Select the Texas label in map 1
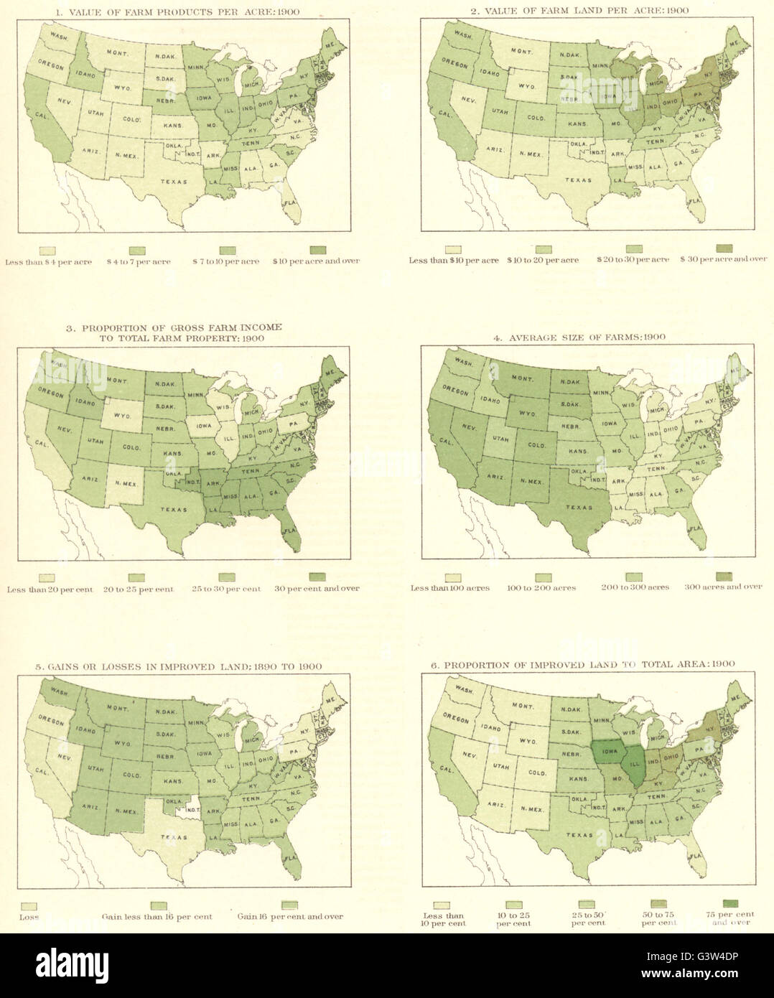click(x=173, y=182)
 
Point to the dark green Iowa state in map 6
click(x=606, y=749)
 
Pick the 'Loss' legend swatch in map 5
click(x=29, y=906)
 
